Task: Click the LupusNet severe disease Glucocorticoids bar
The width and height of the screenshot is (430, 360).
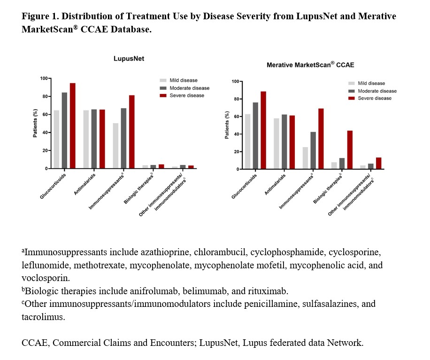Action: click(x=73, y=125)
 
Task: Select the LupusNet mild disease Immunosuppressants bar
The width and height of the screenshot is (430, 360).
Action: click(x=115, y=146)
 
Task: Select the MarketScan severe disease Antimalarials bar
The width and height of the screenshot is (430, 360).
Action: click(x=292, y=142)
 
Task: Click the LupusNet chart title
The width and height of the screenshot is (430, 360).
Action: click(x=128, y=59)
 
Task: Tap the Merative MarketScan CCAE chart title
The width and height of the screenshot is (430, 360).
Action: click(x=310, y=65)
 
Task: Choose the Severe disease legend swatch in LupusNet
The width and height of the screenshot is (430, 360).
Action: click(x=164, y=95)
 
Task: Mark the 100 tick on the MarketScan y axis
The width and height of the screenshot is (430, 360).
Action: click(x=235, y=81)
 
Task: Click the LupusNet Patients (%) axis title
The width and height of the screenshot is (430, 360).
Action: click(x=35, y=123)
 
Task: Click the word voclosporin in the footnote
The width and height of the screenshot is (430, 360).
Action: click(x=44, y=278)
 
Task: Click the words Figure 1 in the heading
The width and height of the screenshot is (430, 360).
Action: click(x=39, y=16)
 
